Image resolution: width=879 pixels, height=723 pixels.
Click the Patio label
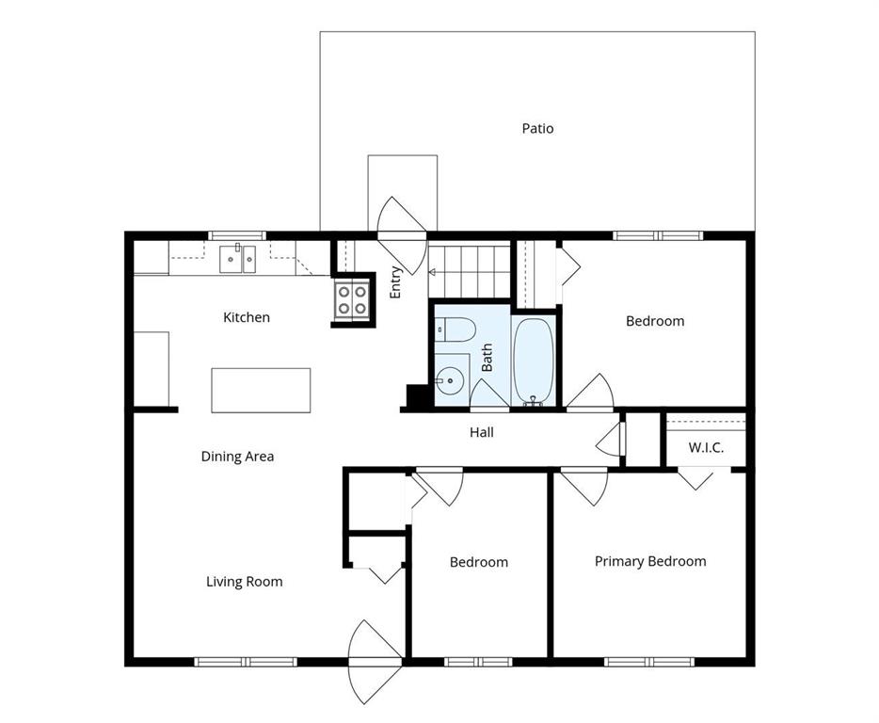pyautogui.click(x=537, y=128)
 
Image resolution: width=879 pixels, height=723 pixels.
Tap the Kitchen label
pyautogui.click(x=246, y=317)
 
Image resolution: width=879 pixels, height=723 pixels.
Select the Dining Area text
pyautogui.click(x=237, y=457)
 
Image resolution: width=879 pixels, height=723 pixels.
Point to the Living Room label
pyautogui.click(x=244, y=582)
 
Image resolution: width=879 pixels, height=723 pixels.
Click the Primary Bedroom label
pyautogui.click(x=650, y=561)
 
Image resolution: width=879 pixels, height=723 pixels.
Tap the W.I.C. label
pyautogui.click(x=706, y=447)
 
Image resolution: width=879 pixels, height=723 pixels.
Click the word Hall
pyautogui.click(x=482, y=432)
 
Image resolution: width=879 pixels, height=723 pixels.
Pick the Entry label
pyautogui.click(x=395, y=282)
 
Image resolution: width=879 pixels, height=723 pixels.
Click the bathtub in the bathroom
pyautogui.click(x=533, y=361)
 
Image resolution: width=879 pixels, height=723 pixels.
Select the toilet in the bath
pyautogui.click(x=455, y=329)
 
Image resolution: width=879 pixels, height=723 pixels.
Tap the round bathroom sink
pyautogui.click(x=450, y=381)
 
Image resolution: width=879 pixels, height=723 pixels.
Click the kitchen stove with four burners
pyautogui.click(x=351, y=300)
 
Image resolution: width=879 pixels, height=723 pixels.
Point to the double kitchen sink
pyautogui.click(x=237, y=260)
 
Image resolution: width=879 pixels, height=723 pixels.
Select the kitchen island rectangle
pyautogui.click(x=261, y=391)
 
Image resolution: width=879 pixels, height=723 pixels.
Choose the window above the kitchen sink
pyautogui.click(x=237, y=235)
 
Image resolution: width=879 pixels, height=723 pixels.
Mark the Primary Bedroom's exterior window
pyautogui.click(x=649, y=662)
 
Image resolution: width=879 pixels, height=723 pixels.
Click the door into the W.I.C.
pyautogui.click(x=695, y=477)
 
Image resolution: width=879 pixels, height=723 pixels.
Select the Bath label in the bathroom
pyautogui.click(x=487, y=358)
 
